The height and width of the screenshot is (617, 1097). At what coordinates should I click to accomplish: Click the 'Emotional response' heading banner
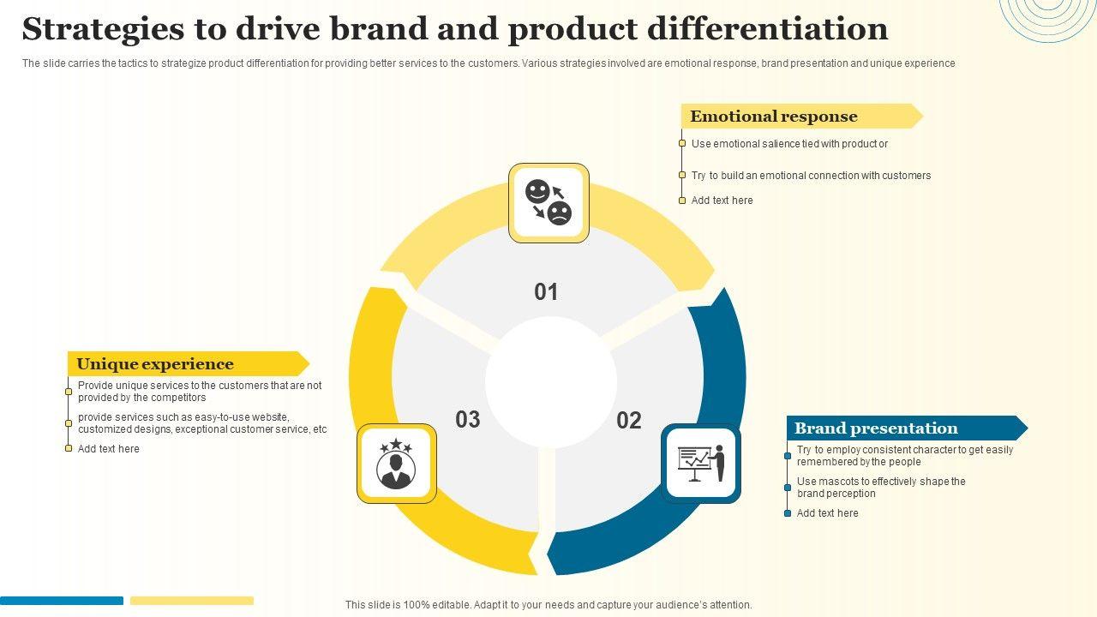click(774, 117)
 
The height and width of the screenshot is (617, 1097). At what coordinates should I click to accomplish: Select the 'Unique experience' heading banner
click(155, 364)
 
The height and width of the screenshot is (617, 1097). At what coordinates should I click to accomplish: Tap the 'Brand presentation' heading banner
click(876, 428)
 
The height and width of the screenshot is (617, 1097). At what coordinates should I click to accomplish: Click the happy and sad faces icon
click(548, 202)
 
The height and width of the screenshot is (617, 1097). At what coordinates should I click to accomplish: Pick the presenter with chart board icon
click(701, 464)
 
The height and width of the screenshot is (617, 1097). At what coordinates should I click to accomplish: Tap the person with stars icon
click(396, 464)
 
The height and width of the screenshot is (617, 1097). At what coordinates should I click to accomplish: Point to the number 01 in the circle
click(546, 292)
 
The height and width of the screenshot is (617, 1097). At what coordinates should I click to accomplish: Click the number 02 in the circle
click(629, 420)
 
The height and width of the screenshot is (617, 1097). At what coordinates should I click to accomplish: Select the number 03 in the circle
click(468, 420)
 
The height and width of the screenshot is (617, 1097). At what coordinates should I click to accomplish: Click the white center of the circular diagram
click(551, 382)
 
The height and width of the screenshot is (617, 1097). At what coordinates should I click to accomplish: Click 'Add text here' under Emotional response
click(722, 201)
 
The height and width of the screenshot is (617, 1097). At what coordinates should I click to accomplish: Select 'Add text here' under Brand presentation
click(827, 513)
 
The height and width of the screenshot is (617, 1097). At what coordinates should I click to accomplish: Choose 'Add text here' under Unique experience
click(108, 449)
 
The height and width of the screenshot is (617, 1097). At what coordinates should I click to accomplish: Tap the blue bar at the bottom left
click(62, 601)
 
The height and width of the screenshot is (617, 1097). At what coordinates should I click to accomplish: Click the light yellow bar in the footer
click(192, 601)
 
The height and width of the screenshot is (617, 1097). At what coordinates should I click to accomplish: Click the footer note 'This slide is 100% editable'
click(548, 605)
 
